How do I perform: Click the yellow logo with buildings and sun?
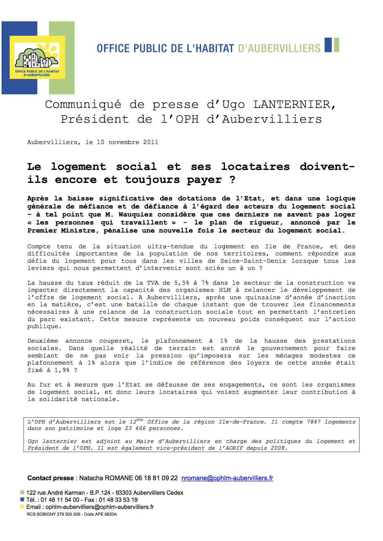pyautogui.click(x=37, y=57)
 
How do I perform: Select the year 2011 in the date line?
pyautogui.click(x=151, y=142)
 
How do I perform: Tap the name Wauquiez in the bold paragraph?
pyautogui.click(x=136, y=214)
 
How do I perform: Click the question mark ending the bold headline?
pyautogui.click(x=232, y=180)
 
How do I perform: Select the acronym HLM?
pyautogui.click(x=225, y=290)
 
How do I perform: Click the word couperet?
pyautogui.click(x=116, y=341)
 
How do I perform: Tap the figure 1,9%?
pyautogui.click(x=62, y=370)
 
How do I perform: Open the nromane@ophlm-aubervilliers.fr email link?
pyautogui.click(x=227, y=478)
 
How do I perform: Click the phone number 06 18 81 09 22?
pyautogui.click(x=156, y=478)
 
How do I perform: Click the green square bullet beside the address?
pyautogui.click(x=22, y=493)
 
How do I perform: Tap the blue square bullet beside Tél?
pyautogui.click(x=22, y=500)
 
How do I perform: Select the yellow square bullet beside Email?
pyautogui.click(x=22, y=507)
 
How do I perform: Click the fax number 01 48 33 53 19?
pyautogui.click(x=118, y=500)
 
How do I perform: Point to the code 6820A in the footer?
pyautogui.click(x=110, y=514)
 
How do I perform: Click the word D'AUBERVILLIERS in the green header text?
pyautogui.click(x=280, y=48)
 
